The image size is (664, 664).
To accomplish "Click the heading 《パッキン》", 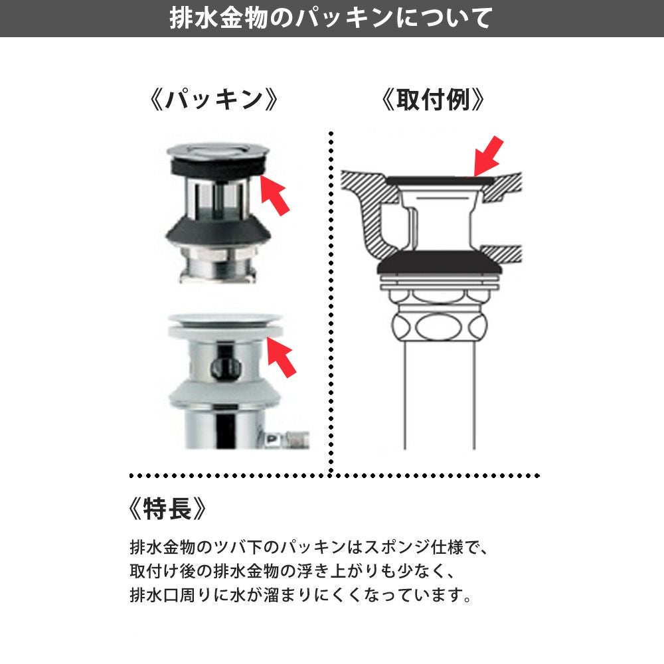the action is click(x=214, y=100).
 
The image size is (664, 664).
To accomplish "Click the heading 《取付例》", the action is click(x=432, y=100).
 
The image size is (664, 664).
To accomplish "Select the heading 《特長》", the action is click(x=168, y=508).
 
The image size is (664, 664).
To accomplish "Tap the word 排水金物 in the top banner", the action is click(x=218, y=18).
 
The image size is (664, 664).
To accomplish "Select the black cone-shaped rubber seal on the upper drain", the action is click(x=218, y=232).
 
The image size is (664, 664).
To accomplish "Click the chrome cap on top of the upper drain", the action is click(x=218, y=150).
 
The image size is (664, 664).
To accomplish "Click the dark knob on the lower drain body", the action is click(x=226, y=368).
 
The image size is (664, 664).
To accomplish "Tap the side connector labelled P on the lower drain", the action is click(x=286, y=440).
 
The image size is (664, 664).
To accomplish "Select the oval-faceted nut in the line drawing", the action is click(x=439, y=326).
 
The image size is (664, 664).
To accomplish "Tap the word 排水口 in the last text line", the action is click(x=155, y=595).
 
